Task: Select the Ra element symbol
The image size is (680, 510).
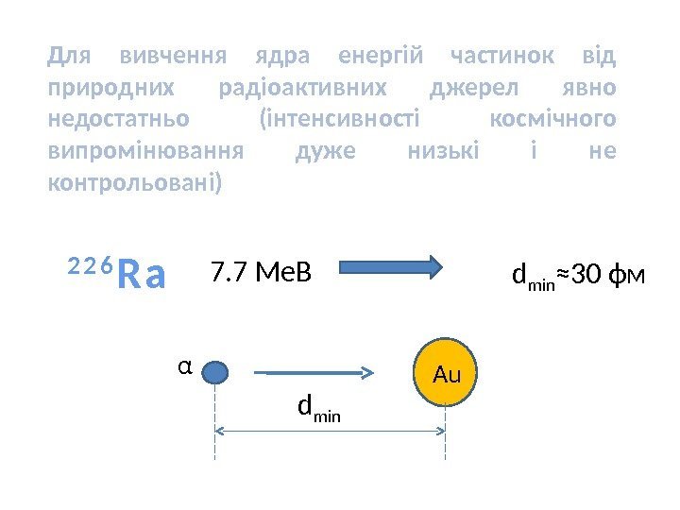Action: coord(143,276)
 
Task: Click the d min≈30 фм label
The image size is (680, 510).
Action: coord(578,275)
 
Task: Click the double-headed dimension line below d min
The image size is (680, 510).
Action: coord(331,431)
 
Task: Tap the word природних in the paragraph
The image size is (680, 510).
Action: coord(110,88)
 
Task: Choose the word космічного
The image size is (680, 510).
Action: coord(554,119)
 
